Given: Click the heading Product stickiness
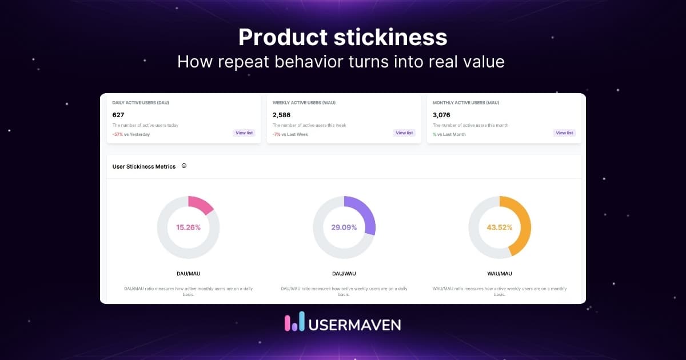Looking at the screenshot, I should click(342, 37).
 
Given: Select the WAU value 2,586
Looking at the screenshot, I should click(281, 115).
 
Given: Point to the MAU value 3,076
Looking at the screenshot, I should click(441, 115).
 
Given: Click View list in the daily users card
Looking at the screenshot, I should click(244, 133).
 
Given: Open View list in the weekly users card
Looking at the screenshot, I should click(404, 133).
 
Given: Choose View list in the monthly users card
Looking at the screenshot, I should click(564, 133).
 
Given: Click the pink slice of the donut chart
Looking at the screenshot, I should click(201, 205).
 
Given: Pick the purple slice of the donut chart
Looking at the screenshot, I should click(366, 214).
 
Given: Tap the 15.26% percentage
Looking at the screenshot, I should click(189, 227).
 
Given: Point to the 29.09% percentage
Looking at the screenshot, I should click(344, 227).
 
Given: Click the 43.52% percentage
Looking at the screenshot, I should click(500, 227).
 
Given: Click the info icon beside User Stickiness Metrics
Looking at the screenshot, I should click(184, 166).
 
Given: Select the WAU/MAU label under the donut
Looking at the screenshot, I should click(500, 274).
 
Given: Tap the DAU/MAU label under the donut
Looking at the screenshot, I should click(189, 274).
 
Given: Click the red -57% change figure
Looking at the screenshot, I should click(118, 134).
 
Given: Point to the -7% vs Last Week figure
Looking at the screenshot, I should click(290, 134).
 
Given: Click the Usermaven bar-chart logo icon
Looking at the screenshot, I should click(294, 322).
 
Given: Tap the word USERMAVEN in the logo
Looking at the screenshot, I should click(354, 324).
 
